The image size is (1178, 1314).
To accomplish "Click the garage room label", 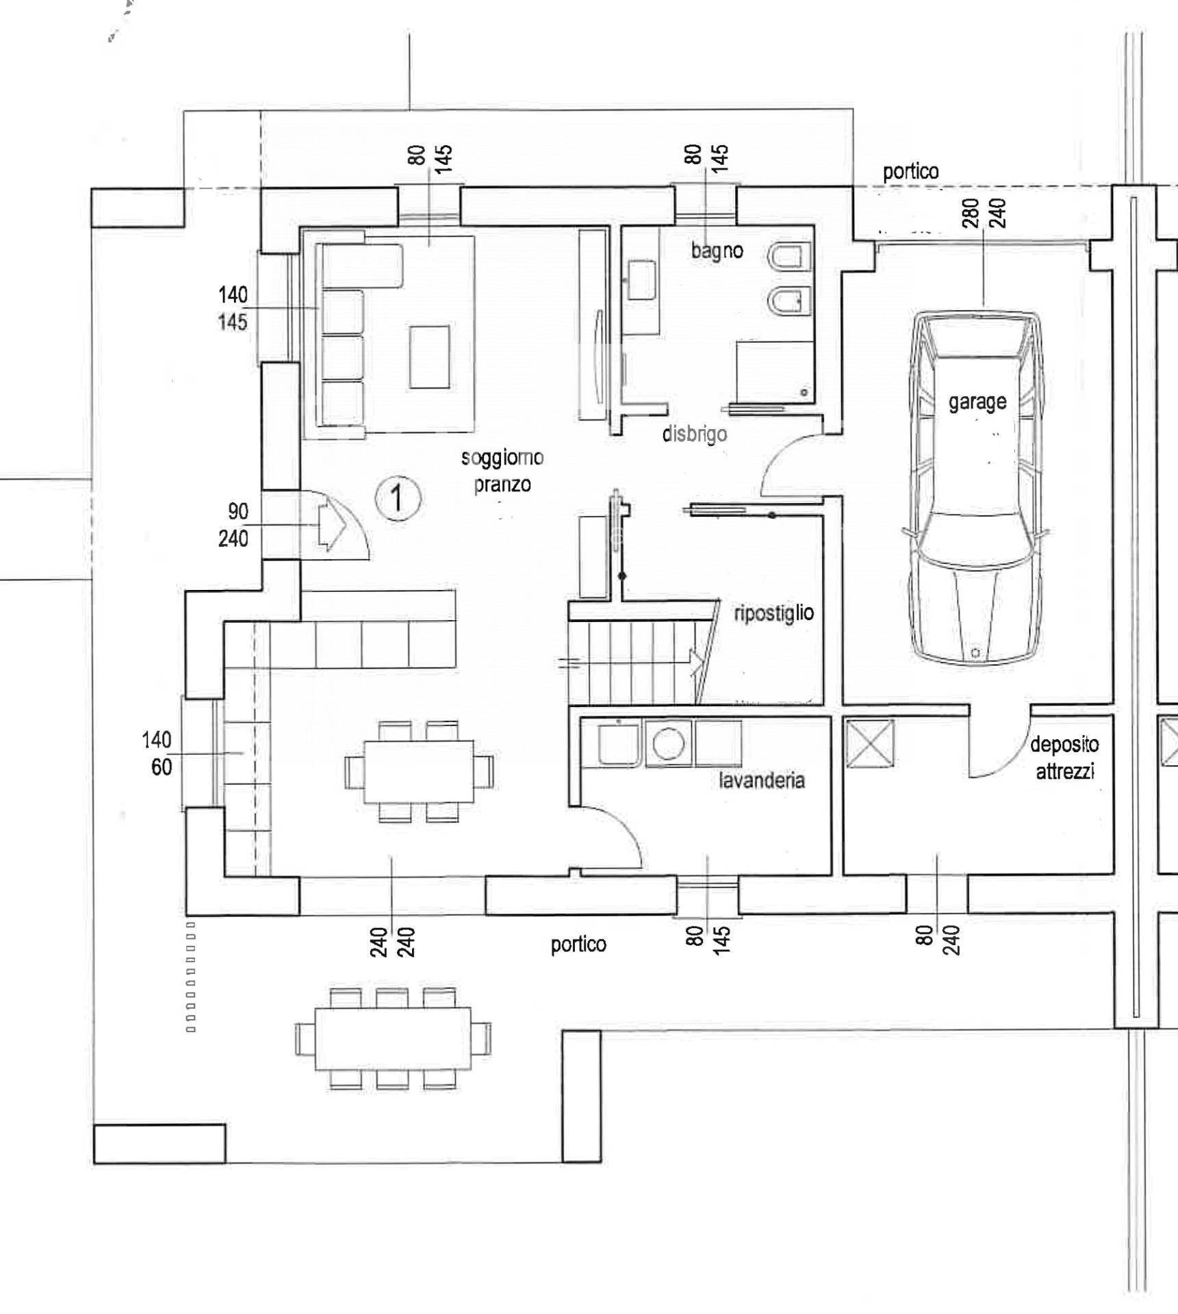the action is [x=977, y=402].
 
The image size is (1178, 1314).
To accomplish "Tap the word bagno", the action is [x=717, y=250].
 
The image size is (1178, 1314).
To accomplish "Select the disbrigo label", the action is [x=694, y=433].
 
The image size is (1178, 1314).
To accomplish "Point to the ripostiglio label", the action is [x=773, y=613].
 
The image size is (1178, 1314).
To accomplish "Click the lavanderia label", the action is [x=761, y=780].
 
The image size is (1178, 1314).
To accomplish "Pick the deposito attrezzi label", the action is [x=1064, y=758].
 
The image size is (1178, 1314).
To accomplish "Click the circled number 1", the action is [x=398, y=498].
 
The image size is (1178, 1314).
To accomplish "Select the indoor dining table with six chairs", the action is [x=419, y=771].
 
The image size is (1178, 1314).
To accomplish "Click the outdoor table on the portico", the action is [x=393, y=1039].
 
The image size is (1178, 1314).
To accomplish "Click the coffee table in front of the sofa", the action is [x=430, y=357].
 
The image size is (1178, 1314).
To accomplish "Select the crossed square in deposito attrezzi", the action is [x=870, y=744].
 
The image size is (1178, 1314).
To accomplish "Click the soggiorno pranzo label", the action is [x=502, y=471].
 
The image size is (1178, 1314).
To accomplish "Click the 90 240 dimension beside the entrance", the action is [x=233, y=525].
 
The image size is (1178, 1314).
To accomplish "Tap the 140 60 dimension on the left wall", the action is [x=157, y=753].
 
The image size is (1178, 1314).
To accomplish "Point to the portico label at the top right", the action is [x=910, y=172].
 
